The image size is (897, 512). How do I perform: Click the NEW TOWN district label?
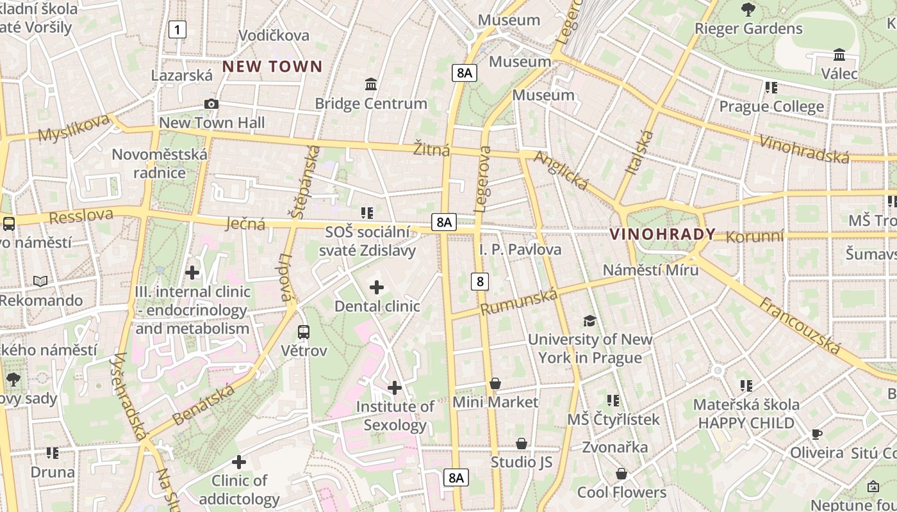point(272,67)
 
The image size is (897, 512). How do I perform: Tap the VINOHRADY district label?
point(662,234)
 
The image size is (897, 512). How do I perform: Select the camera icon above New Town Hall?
point(211,104)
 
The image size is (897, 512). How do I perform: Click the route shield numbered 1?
point(177,29)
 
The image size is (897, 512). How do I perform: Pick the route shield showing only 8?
point(480,281)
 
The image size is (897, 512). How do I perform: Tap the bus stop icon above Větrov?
point(304,332)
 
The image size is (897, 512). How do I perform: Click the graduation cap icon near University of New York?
point(589,321)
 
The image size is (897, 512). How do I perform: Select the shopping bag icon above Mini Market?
point(495,384)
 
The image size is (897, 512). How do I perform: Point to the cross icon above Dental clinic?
point(377,288)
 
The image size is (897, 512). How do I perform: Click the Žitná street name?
point(431,150)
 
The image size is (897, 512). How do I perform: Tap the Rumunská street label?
point(520,301)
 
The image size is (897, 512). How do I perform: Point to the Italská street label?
point(640,152)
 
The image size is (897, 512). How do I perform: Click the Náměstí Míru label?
point(650,270)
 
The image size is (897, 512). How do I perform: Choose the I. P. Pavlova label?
point(520,250)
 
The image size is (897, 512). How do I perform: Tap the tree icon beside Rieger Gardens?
point(748,10)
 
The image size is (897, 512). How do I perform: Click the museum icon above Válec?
point(839,55)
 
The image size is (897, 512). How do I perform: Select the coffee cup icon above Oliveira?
point(816,434)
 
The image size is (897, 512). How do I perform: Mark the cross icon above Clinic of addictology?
point(239,462)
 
